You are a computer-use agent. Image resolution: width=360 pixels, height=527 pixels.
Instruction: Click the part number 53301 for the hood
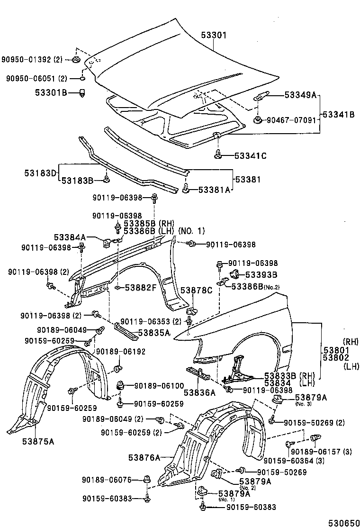[215, 35]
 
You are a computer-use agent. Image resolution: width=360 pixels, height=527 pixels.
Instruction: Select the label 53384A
[70, 237]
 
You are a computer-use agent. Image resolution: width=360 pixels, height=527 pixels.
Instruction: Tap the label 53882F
[141, 287]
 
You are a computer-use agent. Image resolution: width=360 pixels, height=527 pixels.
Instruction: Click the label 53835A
[154, 333]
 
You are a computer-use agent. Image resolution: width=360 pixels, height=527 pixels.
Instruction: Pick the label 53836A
[199, 392]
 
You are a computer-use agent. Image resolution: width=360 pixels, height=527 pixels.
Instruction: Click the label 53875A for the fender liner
[38, 441]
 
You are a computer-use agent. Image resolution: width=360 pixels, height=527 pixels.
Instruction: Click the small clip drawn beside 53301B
[82, 92]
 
